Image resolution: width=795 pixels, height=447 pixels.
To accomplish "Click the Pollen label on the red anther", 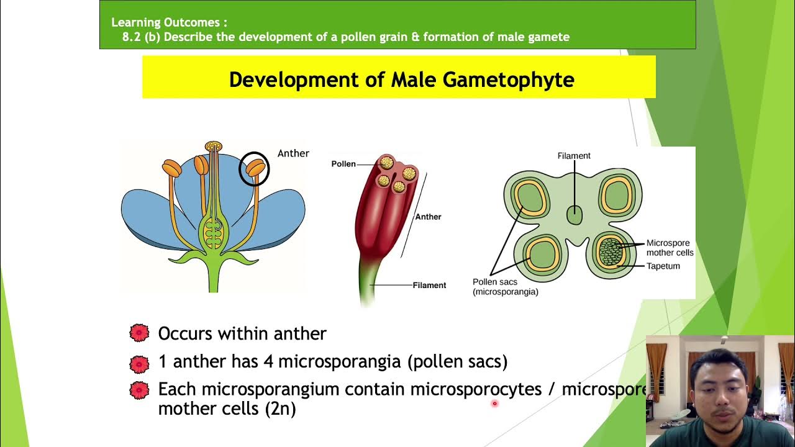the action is tap(343, 164).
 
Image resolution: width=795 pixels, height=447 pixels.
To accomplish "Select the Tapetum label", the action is tap(663, 266).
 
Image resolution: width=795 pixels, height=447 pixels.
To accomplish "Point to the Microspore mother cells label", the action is tap(670, 248).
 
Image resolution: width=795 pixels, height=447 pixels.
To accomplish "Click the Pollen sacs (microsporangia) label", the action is tap(505, 287).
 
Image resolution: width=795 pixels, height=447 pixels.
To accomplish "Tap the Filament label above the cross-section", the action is tap(574, 156).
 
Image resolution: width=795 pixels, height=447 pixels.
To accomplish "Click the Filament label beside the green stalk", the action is tap(429, 286).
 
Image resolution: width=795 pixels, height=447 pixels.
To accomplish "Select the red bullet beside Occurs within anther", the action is tap(140, 333).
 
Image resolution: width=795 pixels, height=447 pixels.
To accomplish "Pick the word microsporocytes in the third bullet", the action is tap(476, 389).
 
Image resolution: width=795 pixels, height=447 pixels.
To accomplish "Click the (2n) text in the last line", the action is tap(280, 409).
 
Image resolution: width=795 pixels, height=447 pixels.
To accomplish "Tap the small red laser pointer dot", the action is tap(494, 404).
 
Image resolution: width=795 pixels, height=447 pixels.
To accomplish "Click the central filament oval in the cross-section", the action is tap(575, 215).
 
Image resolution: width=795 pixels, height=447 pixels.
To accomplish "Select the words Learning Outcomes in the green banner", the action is tap(165, 22).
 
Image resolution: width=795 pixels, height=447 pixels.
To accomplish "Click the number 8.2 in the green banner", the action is tap(131, 37).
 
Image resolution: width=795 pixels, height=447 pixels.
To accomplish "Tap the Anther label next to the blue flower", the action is tap(293, 153).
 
